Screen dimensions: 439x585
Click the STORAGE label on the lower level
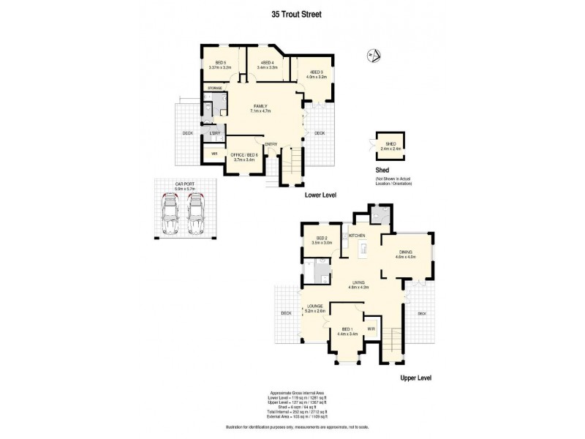pyautogui.click(x=214, y=88)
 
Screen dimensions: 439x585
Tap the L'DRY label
pyautogui.click(x=215, y=133)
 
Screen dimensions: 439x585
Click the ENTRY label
pyautogui.click(x=271, y=144)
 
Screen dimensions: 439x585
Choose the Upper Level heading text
pyautogui.click(x=416, y=378)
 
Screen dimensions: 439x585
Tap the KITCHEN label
pyautogui.click(x=357, y=235)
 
